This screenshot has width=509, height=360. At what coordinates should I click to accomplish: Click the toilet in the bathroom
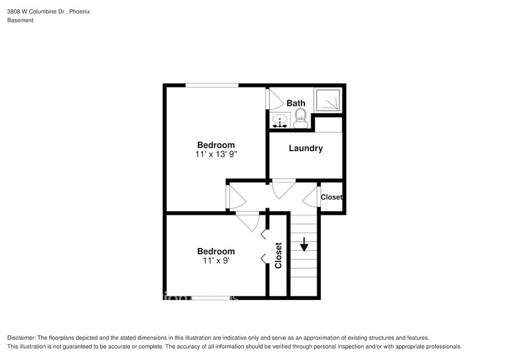tap(300, 118)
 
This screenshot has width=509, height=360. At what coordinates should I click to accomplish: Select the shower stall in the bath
tap(328, 99)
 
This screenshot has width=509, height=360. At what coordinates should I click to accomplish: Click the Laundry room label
tap(305, 148)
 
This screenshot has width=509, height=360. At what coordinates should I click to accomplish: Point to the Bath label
tap(296, 103)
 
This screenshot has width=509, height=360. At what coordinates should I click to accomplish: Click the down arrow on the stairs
tap(304, 246)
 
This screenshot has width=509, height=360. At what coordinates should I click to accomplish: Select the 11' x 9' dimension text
tap(216, 260)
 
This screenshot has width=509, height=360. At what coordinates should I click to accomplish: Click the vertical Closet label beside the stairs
tap(278, 255)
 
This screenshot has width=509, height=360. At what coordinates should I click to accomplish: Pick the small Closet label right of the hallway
tap(331, 197)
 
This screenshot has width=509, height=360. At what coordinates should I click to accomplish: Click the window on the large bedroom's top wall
tap(212, 86)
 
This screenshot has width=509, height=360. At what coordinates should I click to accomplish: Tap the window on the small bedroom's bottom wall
tap(212, 298)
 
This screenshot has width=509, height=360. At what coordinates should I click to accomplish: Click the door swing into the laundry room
tap(284, 189)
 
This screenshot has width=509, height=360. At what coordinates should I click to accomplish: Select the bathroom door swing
tap(274, 100)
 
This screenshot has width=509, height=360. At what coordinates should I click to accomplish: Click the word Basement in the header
tap(20, 20)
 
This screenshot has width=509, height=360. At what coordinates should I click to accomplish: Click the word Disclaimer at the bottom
tap(21, 338)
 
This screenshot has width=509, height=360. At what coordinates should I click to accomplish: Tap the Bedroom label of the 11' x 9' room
tap(216, 251)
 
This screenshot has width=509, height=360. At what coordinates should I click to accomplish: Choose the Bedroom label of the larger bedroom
tap(211, 145)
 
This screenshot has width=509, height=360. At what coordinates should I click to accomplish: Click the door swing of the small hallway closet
tap(312, 197)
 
